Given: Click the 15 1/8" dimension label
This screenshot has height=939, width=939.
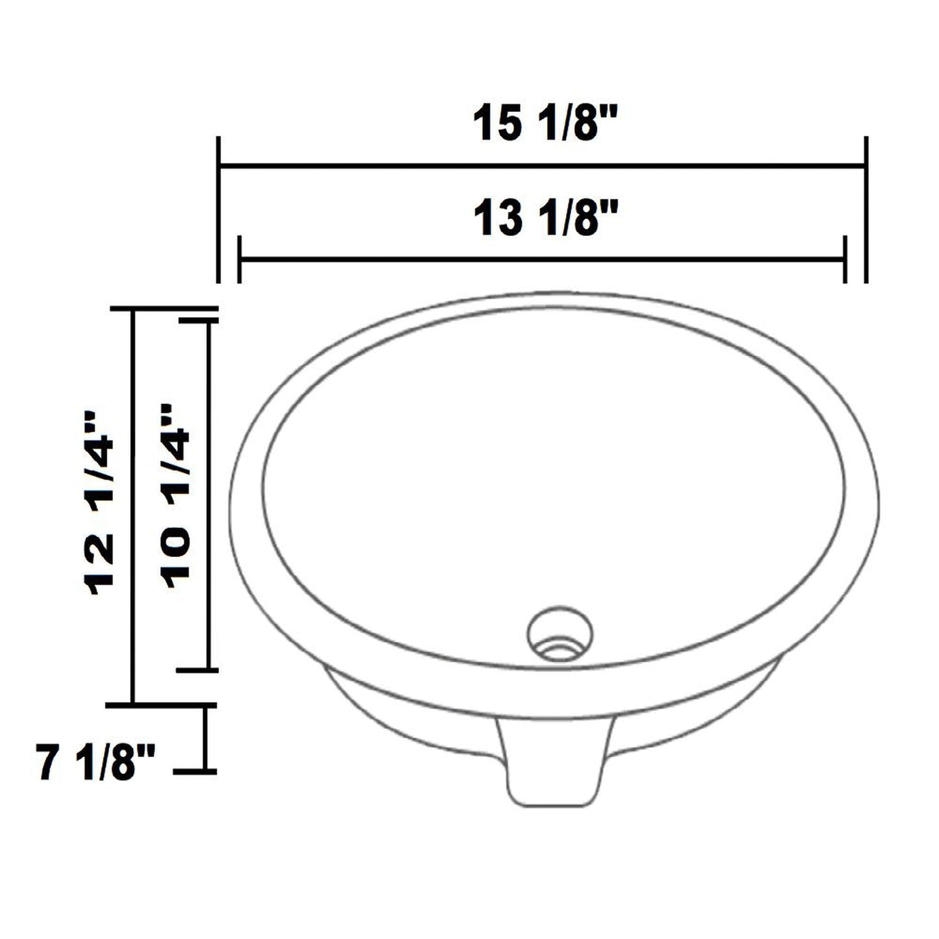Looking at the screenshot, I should pos(545,123).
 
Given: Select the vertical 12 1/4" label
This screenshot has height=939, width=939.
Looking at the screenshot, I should pos(99,504).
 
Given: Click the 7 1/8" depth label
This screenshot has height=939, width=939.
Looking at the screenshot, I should pos(96,764).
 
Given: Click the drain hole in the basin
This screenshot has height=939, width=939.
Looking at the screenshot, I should pos(560,634).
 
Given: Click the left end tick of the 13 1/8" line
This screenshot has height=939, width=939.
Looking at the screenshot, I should pos(240,259).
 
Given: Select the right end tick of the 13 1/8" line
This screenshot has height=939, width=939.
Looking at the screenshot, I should pos(845,259).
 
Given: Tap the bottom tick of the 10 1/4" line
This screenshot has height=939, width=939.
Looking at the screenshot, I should pos(195,669).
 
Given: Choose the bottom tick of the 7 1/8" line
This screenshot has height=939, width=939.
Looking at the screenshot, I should pos(195,771).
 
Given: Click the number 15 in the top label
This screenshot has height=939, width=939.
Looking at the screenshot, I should pos(497,123).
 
